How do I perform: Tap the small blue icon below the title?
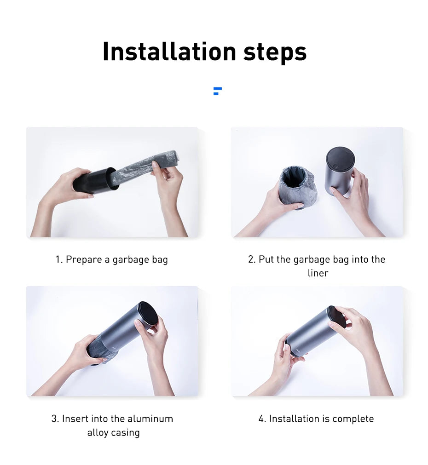point(217,91)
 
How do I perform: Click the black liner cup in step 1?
point(94,181)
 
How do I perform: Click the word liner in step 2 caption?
point(318,273)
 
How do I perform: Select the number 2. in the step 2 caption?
point(252,259)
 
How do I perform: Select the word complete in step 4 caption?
point(353,419)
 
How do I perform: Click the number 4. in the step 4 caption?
point(262,419)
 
